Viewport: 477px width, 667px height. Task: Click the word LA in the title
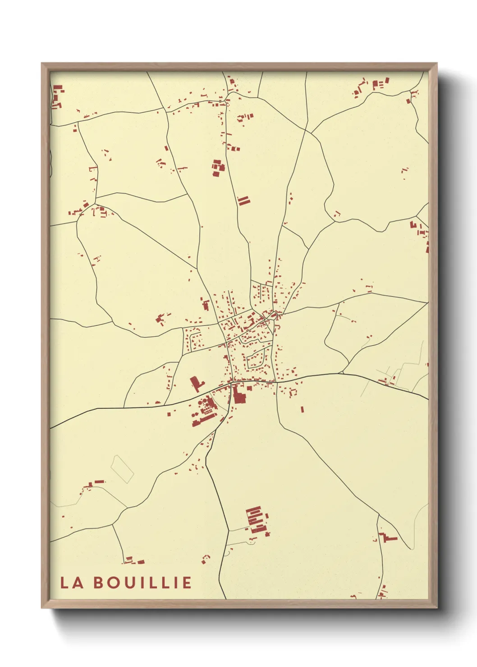pyautogui.click(x=72, y=582)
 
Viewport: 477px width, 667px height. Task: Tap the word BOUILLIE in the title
pyautogui.click(x=143, y=582)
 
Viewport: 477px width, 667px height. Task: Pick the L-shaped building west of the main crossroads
pyautogui.click(x=196, y=384)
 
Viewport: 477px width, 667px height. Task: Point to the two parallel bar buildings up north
pyautogui.click(x=243, y=201)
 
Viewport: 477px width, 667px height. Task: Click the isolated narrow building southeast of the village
pyautogui.click(x=302, y=409)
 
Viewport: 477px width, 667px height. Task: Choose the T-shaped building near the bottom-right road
pyautogui.click(x=388, y=537)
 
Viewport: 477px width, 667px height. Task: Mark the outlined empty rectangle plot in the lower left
pyautogui.click(x=123, y=469)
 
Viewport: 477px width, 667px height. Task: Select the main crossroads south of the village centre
pyautogui.click(x=231, y=383)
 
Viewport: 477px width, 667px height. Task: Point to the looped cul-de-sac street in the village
pyautogui.click(x=256, y=358)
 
